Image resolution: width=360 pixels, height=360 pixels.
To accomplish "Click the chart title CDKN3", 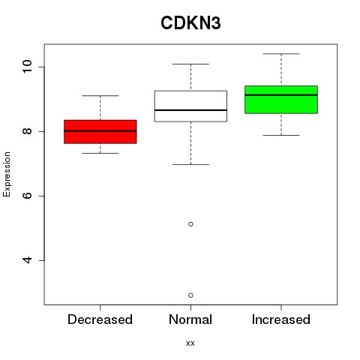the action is (x=190, y=23).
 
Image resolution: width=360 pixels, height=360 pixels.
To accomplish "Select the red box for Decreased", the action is (x=100, y=132).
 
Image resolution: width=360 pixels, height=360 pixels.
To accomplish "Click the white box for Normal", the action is (x=190, y=106).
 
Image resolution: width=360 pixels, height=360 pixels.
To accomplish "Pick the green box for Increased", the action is (x=281, y=100).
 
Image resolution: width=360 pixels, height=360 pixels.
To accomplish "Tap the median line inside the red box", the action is (x=100, y=130).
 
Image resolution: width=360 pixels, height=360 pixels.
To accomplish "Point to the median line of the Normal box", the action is (x=190, y=110).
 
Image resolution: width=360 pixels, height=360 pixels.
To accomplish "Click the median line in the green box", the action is (x=281, y=95).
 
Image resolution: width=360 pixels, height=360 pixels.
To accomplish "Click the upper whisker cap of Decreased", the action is (x=100, y=95).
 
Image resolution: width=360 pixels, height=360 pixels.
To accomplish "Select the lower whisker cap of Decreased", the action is (x=100, y=153).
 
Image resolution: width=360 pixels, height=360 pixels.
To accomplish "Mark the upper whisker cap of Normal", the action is (x=190, y=64).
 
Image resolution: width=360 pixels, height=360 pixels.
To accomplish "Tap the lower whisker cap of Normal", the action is (x=190, y=164).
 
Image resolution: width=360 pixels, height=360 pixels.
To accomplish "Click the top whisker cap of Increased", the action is (x=281, y=54).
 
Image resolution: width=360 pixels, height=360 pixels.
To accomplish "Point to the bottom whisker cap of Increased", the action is (x=281, y=135).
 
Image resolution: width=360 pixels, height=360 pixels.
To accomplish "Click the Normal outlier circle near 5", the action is (x=190, y=224).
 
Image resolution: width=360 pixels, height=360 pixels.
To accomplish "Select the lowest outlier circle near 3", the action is (x=190, y=295).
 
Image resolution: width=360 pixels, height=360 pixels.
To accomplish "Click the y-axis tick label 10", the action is (x=28, y=67).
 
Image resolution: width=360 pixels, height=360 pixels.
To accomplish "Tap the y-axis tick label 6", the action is (x=28, y=196).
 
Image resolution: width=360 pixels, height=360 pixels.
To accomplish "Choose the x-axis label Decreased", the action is (x=100, y=319).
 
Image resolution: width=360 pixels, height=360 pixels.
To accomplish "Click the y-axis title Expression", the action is (x=7, y=174).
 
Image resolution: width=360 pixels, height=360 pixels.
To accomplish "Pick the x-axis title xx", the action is (x=190, y=343).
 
